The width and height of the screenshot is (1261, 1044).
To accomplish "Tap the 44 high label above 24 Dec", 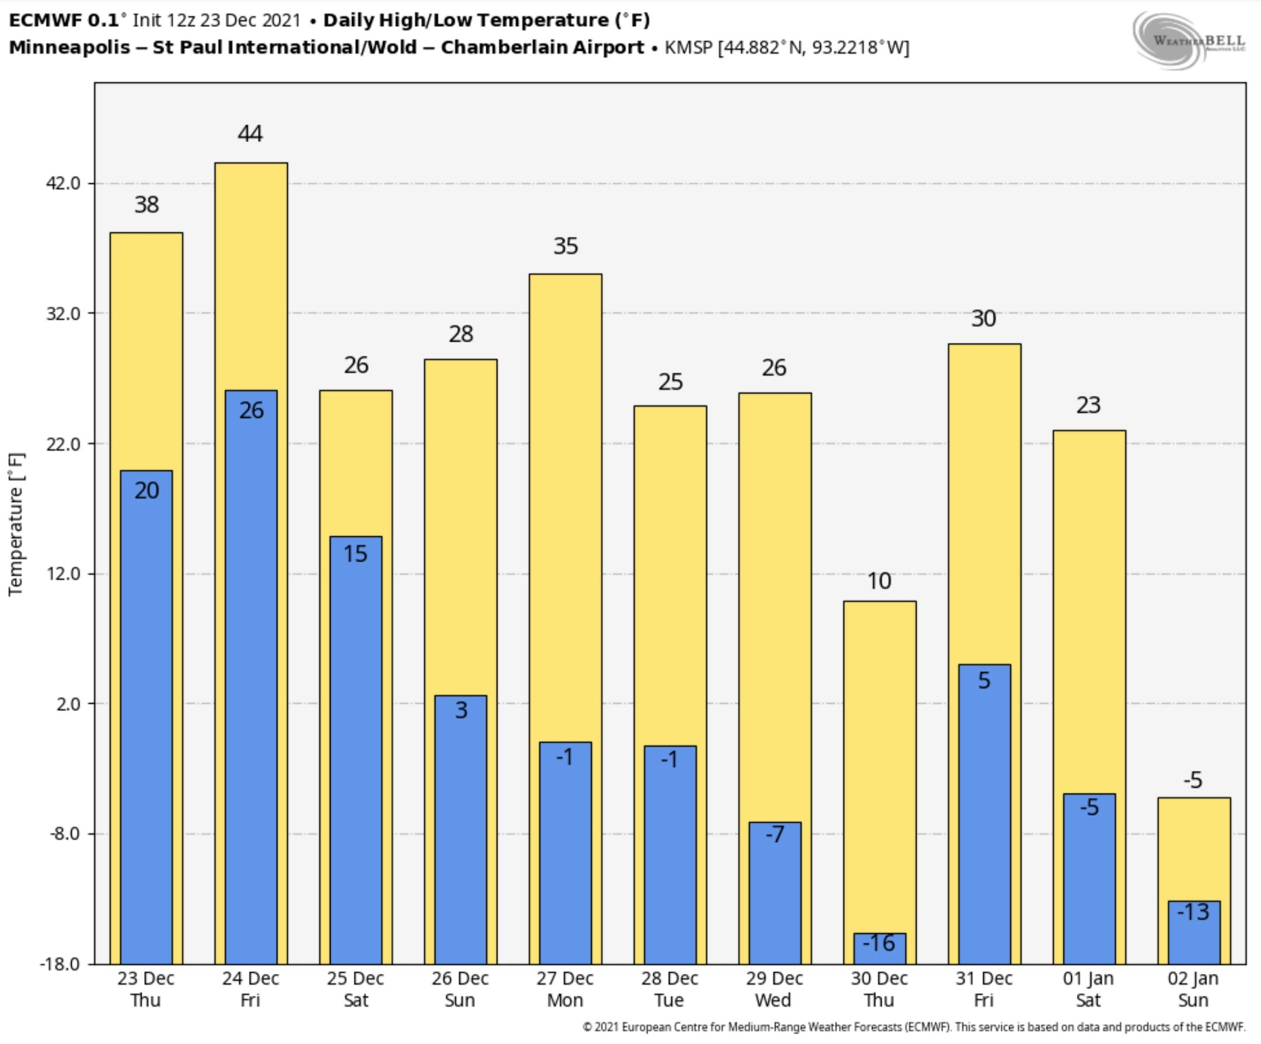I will click(250, 133).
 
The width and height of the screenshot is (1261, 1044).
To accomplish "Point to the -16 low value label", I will click(879, 943).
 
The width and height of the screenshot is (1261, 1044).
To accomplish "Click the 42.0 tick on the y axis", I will click(64, 183).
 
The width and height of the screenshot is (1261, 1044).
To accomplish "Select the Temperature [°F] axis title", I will click(16, 524).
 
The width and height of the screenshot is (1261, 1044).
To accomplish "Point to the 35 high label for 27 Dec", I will click(566, 246).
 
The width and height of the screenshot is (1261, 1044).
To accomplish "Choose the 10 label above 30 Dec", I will click(879, 581).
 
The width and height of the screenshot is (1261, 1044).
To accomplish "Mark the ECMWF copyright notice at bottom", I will click(913, 1027).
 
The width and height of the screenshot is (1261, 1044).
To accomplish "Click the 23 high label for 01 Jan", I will click(1088, 405).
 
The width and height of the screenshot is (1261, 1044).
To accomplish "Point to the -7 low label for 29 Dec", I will click(775, 834).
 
